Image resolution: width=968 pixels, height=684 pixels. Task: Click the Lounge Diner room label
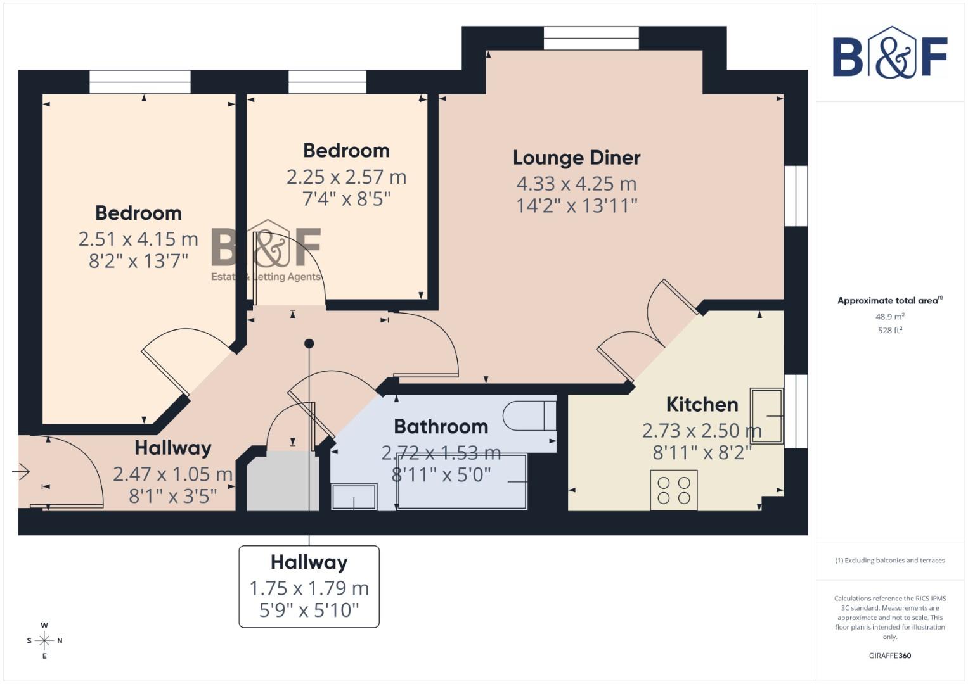click(x=576, y=158)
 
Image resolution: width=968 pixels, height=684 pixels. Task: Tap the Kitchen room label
click(x=702, y=405)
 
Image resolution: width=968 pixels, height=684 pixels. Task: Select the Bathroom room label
click(x=441, y=427)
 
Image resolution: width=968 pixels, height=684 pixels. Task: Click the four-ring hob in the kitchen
click(x=674, y=490)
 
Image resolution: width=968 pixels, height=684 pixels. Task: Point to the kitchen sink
click(x=766, y=415)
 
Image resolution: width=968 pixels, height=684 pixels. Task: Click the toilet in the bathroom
click(x=529, y=416)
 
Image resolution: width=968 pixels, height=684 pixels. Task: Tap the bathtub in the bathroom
click(x=461, y=482)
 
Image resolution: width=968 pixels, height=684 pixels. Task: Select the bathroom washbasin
click(x=354, y=497)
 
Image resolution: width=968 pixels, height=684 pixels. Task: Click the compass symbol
click(x=44, y=640)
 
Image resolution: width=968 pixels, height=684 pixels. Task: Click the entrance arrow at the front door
click(x=21, y=472)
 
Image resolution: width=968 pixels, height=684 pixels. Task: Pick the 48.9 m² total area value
click(x=889, y=317)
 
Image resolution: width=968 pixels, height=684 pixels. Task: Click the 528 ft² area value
click(x=889, y=330)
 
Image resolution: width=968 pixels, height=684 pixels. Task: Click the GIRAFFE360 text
click(x=889, y=655)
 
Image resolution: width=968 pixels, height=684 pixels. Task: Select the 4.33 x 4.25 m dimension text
click(x=576, y=184)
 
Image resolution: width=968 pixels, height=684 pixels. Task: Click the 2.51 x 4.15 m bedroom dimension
click(x=138, y=239)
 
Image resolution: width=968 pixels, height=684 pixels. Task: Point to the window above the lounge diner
click(x=591, y=39)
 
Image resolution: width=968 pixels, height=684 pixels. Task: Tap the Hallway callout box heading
click(x=309, y=562)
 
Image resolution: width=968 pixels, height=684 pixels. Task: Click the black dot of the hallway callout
click(x=309, y=344)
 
